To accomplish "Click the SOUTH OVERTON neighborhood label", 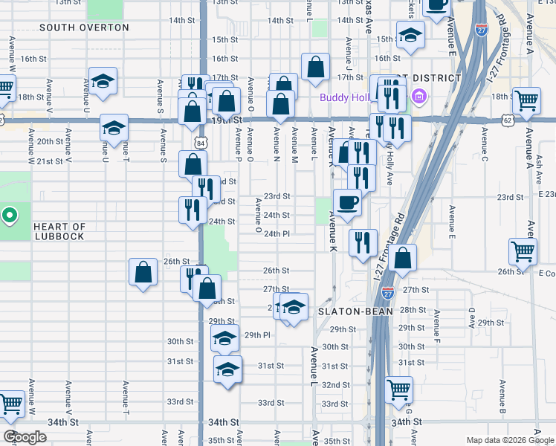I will [84, 28].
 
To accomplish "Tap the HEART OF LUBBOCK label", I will [59, 231].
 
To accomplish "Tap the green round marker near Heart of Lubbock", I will [9, 216].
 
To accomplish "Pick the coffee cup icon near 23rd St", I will [347, 201].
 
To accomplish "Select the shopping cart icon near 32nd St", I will [399, 387].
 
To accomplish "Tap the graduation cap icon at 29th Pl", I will [224, 338].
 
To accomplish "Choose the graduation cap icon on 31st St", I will [227, 367].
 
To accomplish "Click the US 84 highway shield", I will [201, 141].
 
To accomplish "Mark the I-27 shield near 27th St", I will [388, 291].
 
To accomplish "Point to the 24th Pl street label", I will [277, 233].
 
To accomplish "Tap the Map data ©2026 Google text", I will [509, 440].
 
